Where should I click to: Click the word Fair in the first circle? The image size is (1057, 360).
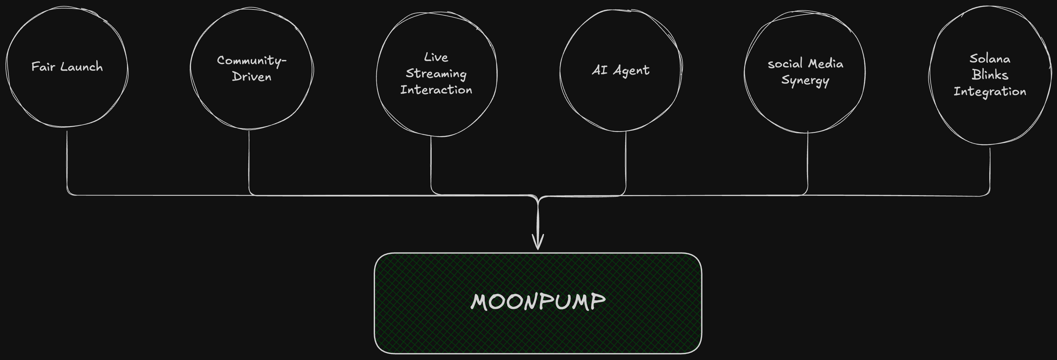(x=43, y=66)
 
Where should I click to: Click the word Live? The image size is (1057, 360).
(x=436, y=57)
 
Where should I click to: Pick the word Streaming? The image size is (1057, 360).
(x=436, y=74)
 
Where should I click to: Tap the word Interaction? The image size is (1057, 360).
(x=436, y=90)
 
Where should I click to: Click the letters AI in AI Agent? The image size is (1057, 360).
(x=600, y=70)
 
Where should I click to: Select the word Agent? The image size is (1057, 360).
(x=631, y=71)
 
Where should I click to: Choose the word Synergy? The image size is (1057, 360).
(x=805, y=80)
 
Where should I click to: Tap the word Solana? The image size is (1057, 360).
(x=990, y=59)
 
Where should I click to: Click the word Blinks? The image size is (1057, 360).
(x=990, y=75)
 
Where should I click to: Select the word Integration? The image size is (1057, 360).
(x=990, y=92)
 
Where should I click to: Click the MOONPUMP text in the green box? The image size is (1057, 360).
(x=537, y=302)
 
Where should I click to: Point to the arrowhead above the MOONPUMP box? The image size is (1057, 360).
(x=537, y=242)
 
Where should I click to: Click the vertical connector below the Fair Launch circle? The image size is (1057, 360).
(x=67, y=160)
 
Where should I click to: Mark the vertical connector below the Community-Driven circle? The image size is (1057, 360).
(x=249, y=160)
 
